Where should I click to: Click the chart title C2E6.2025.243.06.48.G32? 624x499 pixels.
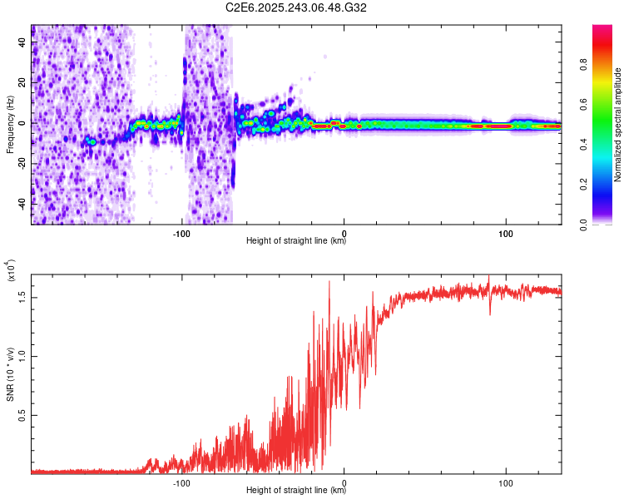click(296, 7)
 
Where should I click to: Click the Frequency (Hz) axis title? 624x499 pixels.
click(10, 125)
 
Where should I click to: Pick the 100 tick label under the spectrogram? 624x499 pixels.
click(505, 232)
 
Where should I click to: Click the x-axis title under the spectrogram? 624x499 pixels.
click(296, 241)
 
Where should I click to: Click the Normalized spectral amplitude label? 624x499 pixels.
click(617, 125)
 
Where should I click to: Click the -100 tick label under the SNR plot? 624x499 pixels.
click(181, 482)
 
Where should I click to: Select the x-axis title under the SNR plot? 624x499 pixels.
click(296, 491)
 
